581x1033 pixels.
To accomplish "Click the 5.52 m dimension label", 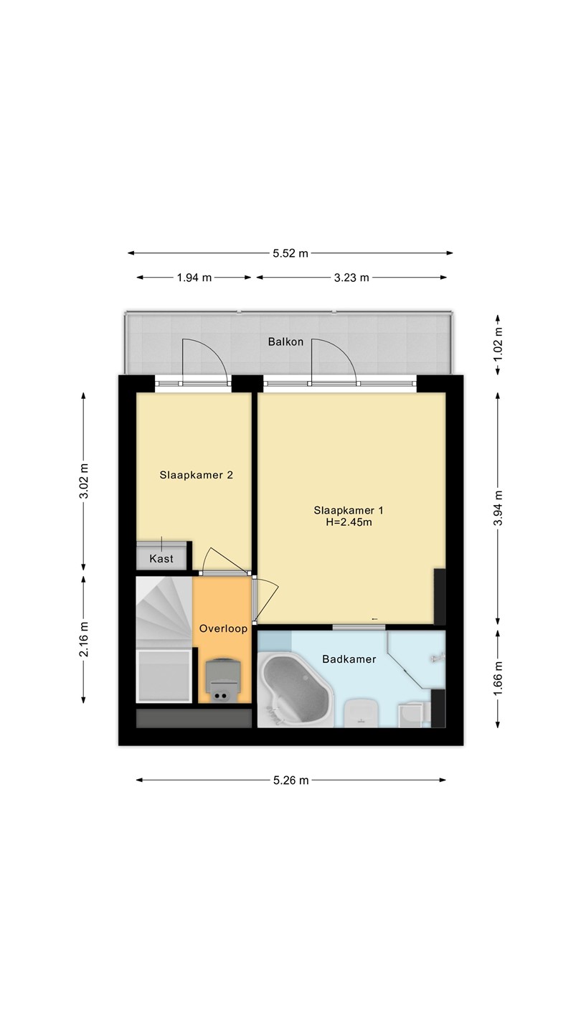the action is click(x=290, y=253).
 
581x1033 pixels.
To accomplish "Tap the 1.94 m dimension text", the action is click(x=194, y=278).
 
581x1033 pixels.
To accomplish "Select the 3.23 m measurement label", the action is click(x=351, y=278).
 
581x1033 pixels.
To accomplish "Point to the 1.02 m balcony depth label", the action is click(x=498, y=345).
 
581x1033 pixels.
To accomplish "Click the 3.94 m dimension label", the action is click(x=498, y=508).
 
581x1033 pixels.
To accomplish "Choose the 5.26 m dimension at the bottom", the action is click(x=291, y=780).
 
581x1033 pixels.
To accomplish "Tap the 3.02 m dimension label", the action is click(x=84, y=481).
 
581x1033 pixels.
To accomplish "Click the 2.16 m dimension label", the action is click(x=84, y=639).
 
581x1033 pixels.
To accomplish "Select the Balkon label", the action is click(x=286, y=341).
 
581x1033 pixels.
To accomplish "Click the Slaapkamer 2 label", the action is click(x=196, y=475).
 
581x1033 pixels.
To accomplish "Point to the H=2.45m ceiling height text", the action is click(x=349, y=522).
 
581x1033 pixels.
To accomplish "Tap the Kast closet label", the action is click(x=161, y=559).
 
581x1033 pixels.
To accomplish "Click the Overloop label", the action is click(x=223, y=628).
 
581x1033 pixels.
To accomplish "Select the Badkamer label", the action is click(x=349, y=659).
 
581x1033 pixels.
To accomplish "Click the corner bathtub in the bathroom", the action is click(x=295, y=690).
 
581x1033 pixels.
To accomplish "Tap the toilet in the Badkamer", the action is click(x=361, y=712).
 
